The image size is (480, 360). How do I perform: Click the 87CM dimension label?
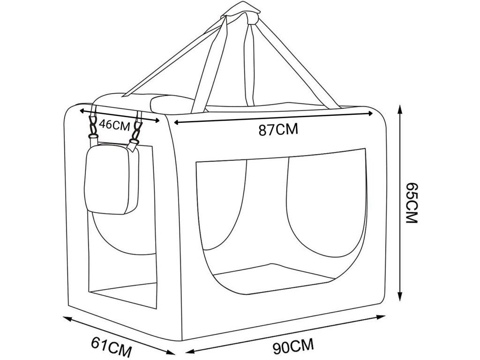tap(278, 129)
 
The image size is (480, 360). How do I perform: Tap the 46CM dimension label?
tap(115, 125)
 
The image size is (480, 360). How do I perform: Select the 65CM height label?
tap(411, 202)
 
